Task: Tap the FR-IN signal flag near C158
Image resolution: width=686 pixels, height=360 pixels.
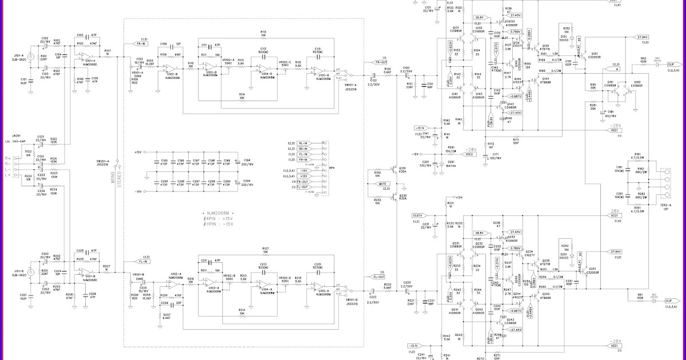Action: tap(140, 43)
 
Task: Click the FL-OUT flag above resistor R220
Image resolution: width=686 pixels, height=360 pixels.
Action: tap(378, 277)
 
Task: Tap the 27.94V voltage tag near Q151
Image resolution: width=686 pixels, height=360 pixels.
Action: tap(643, 37)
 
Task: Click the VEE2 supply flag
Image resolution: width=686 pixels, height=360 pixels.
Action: tap(469, 154)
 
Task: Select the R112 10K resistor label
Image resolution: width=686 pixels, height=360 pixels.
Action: tap(263, 34)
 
